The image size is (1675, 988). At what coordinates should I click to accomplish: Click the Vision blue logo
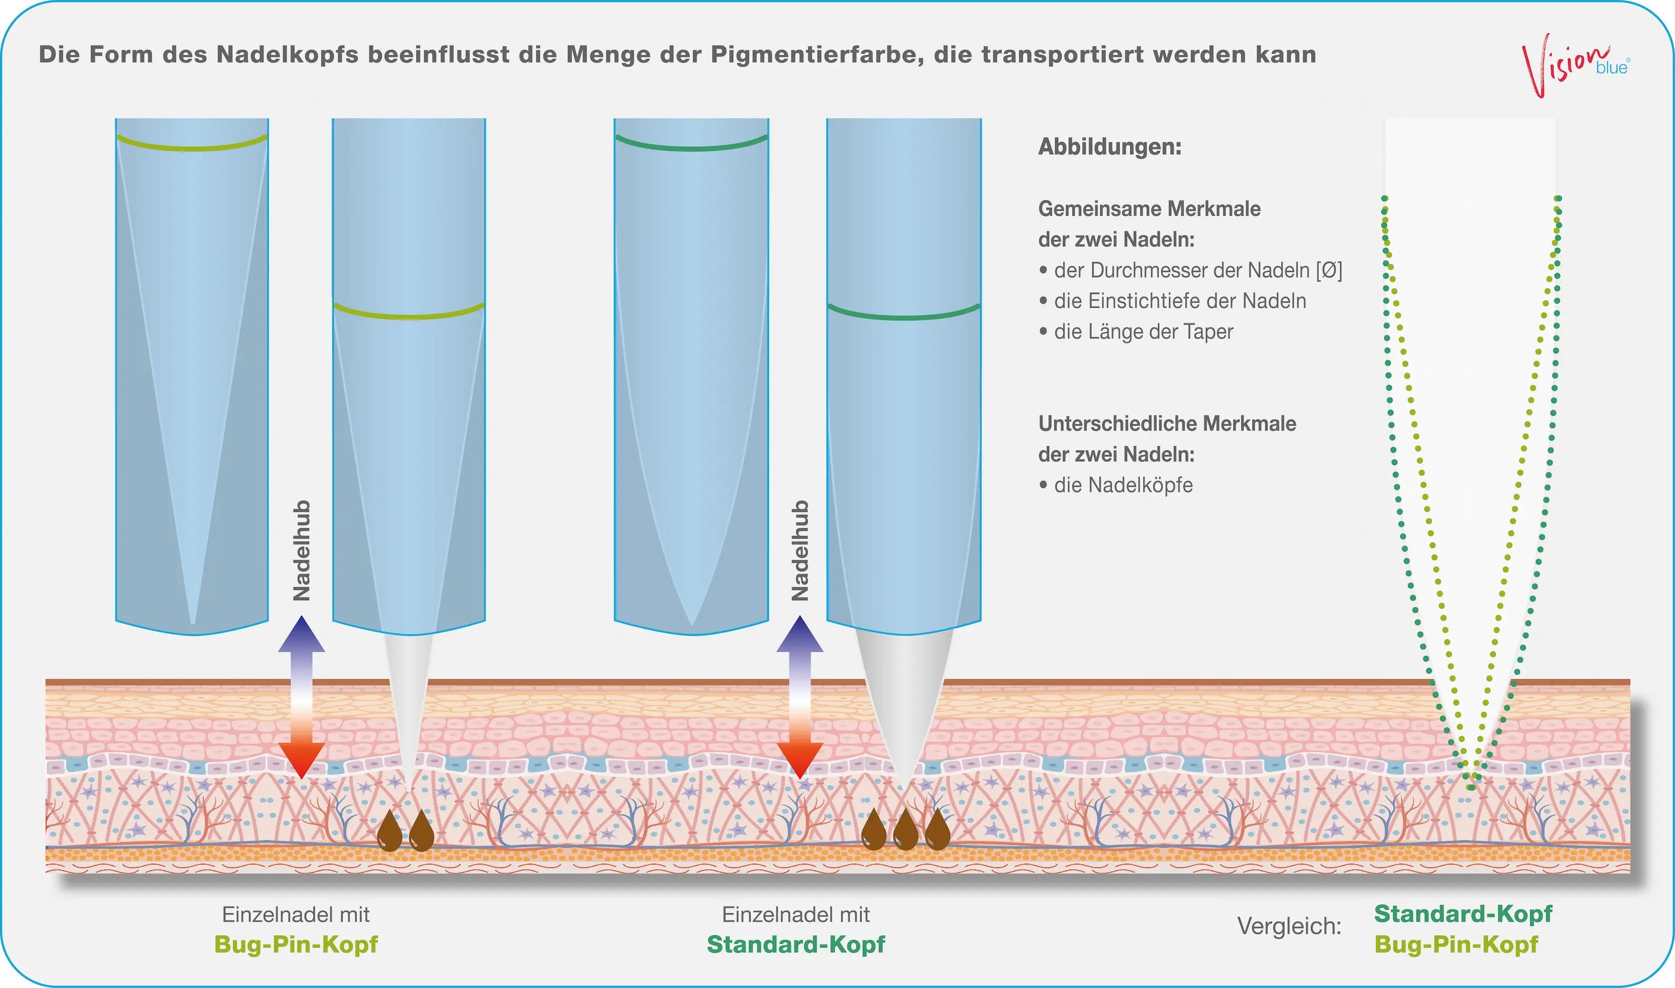[x=1576, y=65]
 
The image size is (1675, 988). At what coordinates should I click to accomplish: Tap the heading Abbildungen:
[x=1110, y=146]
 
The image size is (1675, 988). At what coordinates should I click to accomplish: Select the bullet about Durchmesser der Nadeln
[x=1190, y=270]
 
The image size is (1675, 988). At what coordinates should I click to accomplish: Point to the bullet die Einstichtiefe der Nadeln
[x=1172, y=301]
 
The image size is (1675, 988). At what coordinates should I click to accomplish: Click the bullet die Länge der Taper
[x=1135, y=331]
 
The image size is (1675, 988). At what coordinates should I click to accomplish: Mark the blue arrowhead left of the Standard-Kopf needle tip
[x=800, y=634]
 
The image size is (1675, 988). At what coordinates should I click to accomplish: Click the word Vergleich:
[x=1289, y=926]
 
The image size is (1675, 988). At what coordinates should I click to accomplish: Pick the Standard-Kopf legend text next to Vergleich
[x=1463, y=914]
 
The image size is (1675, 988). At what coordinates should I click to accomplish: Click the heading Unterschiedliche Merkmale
[x=1167, y=424]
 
